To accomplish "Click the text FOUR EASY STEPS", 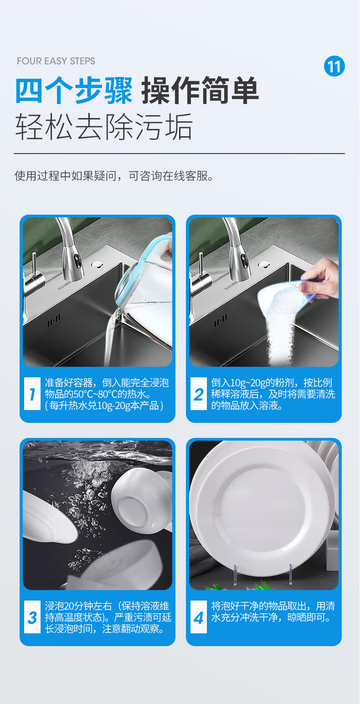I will [x=56, y=61].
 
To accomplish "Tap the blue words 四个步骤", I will [x=74, y=91].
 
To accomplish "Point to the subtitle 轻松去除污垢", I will [x=104, y=126].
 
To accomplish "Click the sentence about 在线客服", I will [x=114, y=176].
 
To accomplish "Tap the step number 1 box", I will [x=32, y=394].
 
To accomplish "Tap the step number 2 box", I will [x=198, y=394].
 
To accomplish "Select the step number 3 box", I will [x=32, y=617].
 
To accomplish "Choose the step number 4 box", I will [x=198, y=617].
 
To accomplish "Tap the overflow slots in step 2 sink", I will [x=221, y=321].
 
